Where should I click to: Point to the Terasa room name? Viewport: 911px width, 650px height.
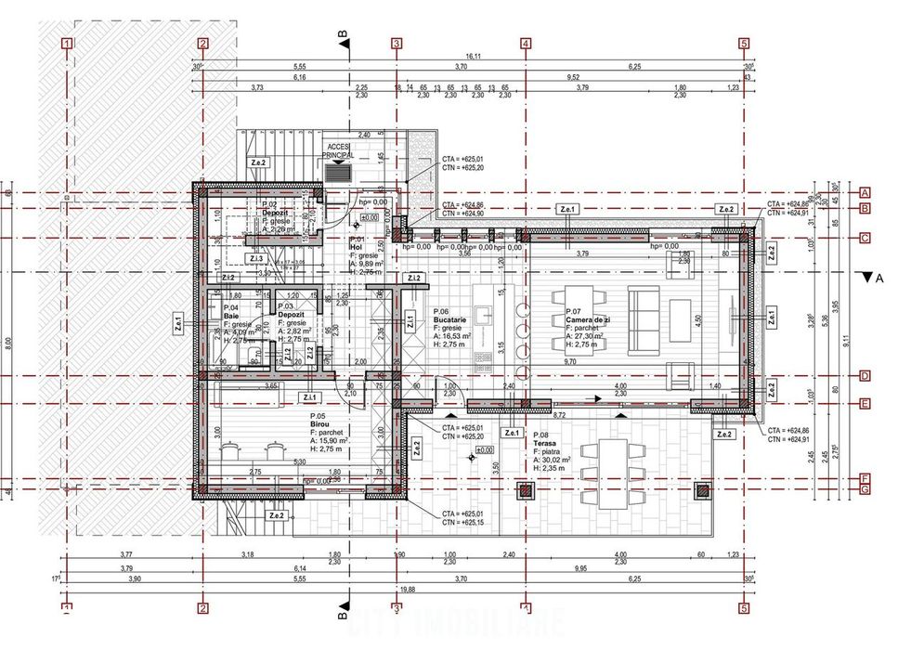coord(545,444)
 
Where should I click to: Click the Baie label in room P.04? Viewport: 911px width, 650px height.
coord(230,316)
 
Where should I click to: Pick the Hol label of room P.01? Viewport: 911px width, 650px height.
coord(355,246)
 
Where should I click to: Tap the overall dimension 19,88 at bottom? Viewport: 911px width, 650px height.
coord(406,588)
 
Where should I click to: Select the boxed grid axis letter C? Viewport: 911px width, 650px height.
coord(864,239)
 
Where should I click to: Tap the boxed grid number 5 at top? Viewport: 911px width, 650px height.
coord(744,43)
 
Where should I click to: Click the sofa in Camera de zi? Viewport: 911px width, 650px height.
coord(644,320)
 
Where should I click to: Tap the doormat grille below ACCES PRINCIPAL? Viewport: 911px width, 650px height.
coord(339,173)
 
